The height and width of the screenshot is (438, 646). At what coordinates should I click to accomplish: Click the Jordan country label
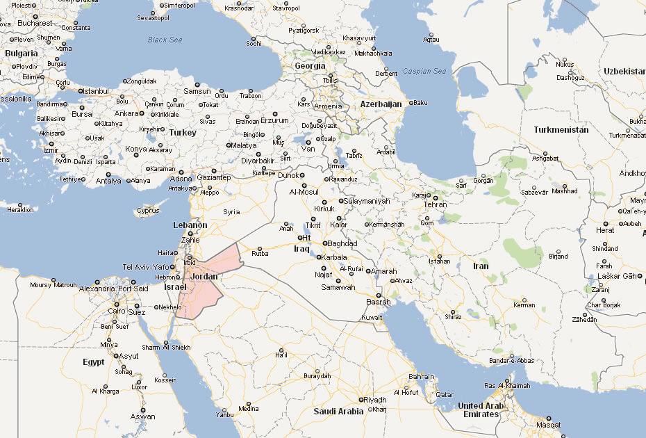204,277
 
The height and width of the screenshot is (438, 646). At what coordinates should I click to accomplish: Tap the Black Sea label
165,40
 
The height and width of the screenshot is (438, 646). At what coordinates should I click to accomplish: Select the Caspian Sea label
424,72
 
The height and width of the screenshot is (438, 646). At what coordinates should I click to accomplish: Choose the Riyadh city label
375,400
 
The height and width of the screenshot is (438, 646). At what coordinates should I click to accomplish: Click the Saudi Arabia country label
338,412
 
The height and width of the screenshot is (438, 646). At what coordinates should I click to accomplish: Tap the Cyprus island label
147,211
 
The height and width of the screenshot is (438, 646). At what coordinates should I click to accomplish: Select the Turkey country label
183,132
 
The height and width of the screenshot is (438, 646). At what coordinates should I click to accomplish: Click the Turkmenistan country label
561,130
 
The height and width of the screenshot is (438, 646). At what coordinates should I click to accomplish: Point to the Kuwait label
372,318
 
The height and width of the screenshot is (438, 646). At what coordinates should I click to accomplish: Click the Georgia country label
310,66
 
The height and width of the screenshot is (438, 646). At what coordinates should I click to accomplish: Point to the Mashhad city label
565,190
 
